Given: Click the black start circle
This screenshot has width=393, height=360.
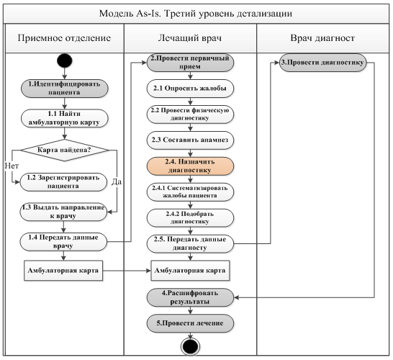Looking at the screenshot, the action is click(x=64, y=60).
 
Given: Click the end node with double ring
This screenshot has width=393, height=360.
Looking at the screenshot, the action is click(x=190, y=346).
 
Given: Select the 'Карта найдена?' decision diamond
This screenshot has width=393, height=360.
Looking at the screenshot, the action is click(x=64, y=150).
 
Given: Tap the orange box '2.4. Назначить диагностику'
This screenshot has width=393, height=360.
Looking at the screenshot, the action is click(x=190, y=166).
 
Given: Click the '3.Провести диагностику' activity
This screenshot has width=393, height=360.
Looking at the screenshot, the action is click(x=322, y=63).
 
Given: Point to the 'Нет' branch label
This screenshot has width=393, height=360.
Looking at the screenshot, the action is click(x=12, y=166).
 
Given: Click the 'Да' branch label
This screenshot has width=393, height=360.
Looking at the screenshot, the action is click(x=117, y=181).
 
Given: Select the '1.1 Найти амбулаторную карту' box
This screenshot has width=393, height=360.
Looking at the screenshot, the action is click(x=64, y=118).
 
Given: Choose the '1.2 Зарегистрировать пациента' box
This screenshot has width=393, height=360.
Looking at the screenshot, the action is click(x=63, y=181).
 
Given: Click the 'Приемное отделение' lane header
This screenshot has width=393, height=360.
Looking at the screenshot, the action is click(x=64, y=38).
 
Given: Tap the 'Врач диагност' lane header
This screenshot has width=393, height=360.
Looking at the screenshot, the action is click(x=322, y=38).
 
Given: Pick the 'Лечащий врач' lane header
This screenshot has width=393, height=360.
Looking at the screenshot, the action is click(x=190, y=38).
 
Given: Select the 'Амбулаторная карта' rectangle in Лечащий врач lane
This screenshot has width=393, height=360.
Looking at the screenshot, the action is click(x=190, y=271).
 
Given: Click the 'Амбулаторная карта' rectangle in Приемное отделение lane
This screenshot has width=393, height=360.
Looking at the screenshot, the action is click(x=63, y=271).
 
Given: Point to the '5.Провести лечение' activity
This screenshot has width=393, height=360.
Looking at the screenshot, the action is click(x=190, y=323).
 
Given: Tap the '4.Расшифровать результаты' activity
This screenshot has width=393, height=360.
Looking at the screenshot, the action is click(x=190, y=297).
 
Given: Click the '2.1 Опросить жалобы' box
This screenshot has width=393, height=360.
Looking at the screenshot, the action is click(x=190, y=89).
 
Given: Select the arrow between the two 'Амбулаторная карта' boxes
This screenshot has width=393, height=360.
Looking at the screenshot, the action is click(x=127, y=271).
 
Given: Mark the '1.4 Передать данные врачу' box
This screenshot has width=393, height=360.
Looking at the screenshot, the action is click(x=63, y=242).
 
